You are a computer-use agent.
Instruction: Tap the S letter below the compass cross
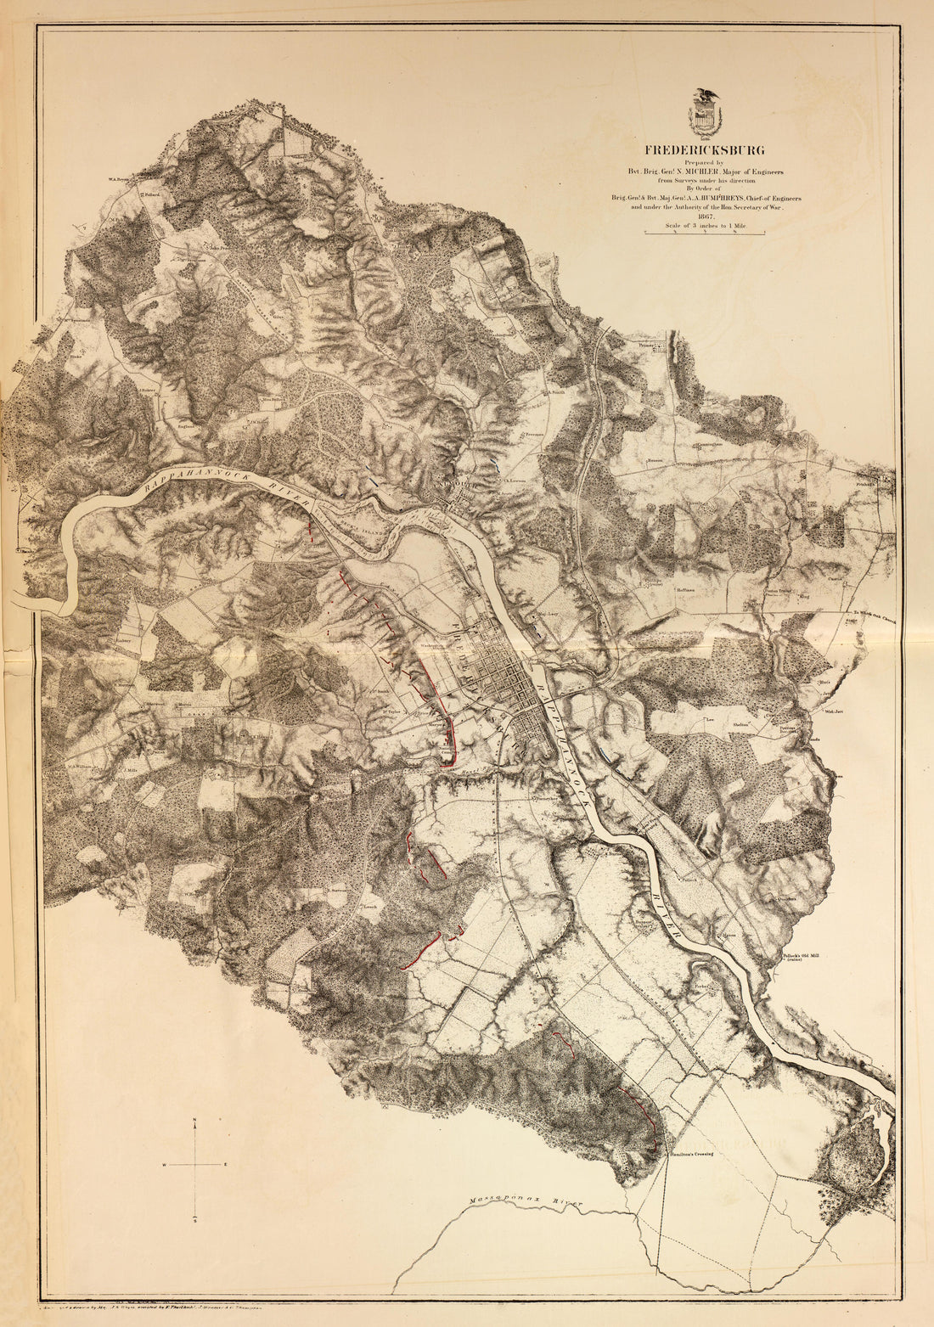coord(195,1220)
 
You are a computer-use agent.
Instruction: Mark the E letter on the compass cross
coord(226,1164)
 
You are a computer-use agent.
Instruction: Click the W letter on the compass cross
coord(166,1164)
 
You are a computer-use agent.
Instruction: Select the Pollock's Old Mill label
coord(802,955)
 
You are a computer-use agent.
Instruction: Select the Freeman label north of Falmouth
coord(534,434)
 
